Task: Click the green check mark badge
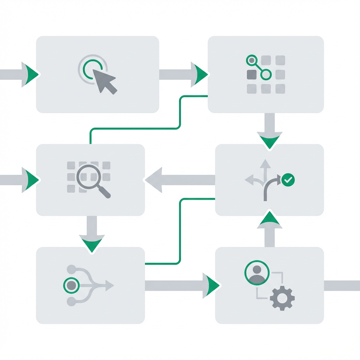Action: pyautogui.click(x=288, y=180)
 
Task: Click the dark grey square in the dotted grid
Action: pyautogui.click(x=252, y=74)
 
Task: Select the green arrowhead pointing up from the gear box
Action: pyautogui.click(x=270, y=220)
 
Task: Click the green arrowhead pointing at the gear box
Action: pyautogui.click(x=211, y=285)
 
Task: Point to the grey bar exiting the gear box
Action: pyautogui.click(x=341, y=285)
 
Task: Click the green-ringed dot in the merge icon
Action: pyautogui.click(x=71, y=285)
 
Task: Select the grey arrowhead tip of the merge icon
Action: pyautogui.click(x=110, y=285)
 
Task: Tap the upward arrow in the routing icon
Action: pyautogui.click(x=265, y=165)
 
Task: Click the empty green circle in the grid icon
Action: pyautogui.click(x=266, y=74)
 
